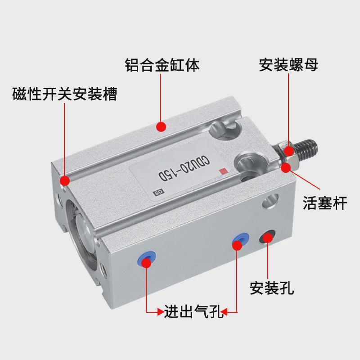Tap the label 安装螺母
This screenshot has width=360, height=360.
(288, 65)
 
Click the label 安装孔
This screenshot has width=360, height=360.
(272, 288)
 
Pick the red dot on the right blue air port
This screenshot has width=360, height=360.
(238, 244)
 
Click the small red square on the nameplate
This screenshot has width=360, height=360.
(222, 171)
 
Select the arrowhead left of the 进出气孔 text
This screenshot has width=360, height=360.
(160, 311)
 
